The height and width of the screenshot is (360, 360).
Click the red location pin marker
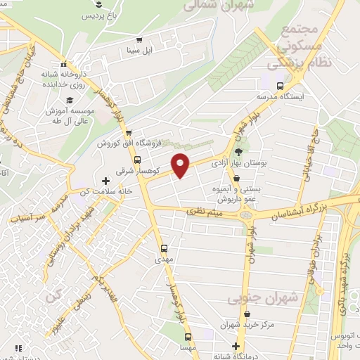[x=181, y=165]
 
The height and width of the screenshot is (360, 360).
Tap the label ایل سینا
[x=139, y=51]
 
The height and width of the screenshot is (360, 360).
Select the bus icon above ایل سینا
[x=139, y=39]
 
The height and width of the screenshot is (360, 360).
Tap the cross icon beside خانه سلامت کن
[x=105, y=181]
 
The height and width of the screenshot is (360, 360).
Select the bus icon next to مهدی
[x=164, y=248]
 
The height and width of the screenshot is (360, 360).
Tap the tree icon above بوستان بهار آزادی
[x=238, y=150]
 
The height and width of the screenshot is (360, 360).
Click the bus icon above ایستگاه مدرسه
[x=280, y=86]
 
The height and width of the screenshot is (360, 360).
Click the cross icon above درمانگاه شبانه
[x=238, y=347]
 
